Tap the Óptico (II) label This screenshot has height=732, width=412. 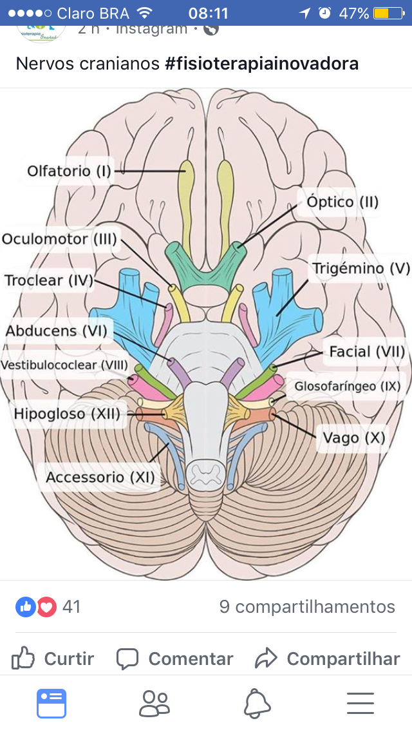tap(342, 202)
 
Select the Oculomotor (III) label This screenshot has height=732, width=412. tap(60, 239)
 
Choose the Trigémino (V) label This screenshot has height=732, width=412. tap(360, 268)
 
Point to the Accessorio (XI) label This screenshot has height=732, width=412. tap(100, 477)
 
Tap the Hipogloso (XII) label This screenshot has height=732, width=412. tap(67, 414)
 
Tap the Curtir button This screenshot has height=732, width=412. tap(53, 659)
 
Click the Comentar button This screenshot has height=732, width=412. tap(174, 659)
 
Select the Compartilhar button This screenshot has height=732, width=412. tap(328, 659)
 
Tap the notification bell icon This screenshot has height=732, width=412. tap(257, 703)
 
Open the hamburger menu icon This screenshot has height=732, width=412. tap(360, 703)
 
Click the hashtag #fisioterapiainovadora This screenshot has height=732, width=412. tap(261, 64)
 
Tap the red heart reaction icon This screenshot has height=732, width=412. tap(46, 606)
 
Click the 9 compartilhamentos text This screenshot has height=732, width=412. tap(307, 606)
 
